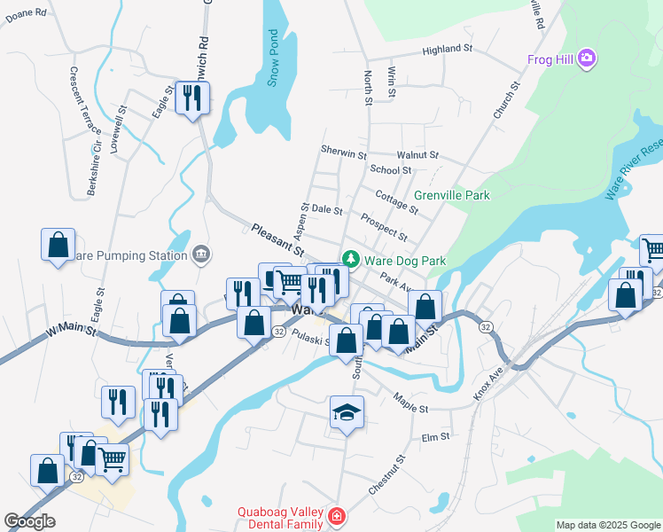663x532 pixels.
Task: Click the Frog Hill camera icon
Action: coord(585,59)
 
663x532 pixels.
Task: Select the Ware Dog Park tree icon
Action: coord(351,260)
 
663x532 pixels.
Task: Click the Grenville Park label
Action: coord(452,194)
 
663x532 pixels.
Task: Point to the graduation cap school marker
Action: coord(347,412)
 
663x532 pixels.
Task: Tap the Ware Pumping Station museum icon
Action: coord(201,255)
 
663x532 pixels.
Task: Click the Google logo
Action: coord(30,521)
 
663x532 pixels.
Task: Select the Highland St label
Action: coord(448,51)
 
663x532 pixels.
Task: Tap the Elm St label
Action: coord(435,436)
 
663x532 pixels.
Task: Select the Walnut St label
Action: coord(417,155)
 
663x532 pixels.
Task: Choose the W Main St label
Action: coord(67,332)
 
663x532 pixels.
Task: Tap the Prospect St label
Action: coord(384,226)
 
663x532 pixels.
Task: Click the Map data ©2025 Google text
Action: coord(608,525)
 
